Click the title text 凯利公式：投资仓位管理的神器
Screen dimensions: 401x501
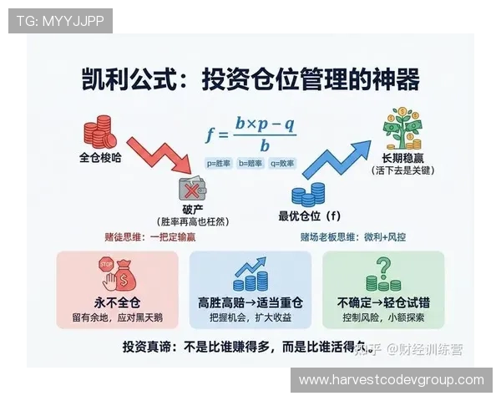tap(250, 80)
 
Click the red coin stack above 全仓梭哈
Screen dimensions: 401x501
tap(99, 132)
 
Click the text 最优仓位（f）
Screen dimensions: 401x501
tap(311, 216)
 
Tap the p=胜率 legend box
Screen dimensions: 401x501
tap(220, 165)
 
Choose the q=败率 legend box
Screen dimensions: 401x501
tap(281, 165)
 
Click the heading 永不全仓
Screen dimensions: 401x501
tap(117, 302)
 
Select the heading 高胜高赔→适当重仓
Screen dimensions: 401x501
tap(250, 302)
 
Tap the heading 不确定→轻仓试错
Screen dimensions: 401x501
tap(384, 302)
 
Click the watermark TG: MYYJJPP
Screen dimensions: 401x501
tap(60, 21)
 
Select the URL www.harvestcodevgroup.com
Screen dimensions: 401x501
tap(391, 380)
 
